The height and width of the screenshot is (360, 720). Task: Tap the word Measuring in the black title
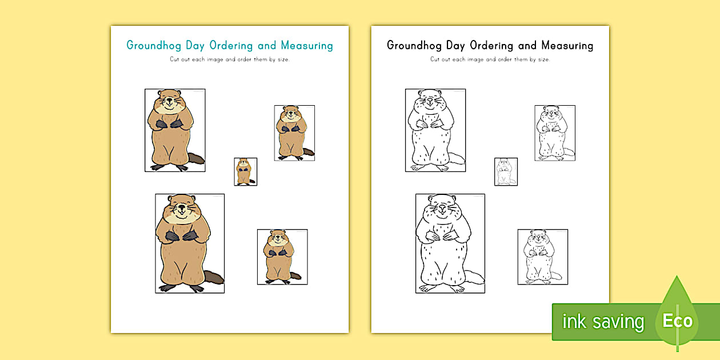pyautogui.click(x=567, y=46)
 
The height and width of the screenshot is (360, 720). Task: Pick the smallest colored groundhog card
pyautogui.click(x=245, y=171)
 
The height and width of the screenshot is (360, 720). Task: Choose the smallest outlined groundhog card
pyautogui.click(x=506, y=171)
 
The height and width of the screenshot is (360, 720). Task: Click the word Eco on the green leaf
pyautogui.click(x=677, y=321)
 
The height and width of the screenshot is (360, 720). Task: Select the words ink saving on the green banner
pyautogui.click(x=602, y=322)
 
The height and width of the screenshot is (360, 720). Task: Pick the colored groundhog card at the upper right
pyautogui.click(x=294, y=133)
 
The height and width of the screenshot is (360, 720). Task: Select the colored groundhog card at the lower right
pyautogui.click(x=282, y=257)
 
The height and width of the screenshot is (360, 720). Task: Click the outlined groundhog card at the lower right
pyautogui.click(x=542, y=257)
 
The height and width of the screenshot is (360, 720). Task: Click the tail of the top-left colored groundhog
pyautogui.click(x=196, y=159)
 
